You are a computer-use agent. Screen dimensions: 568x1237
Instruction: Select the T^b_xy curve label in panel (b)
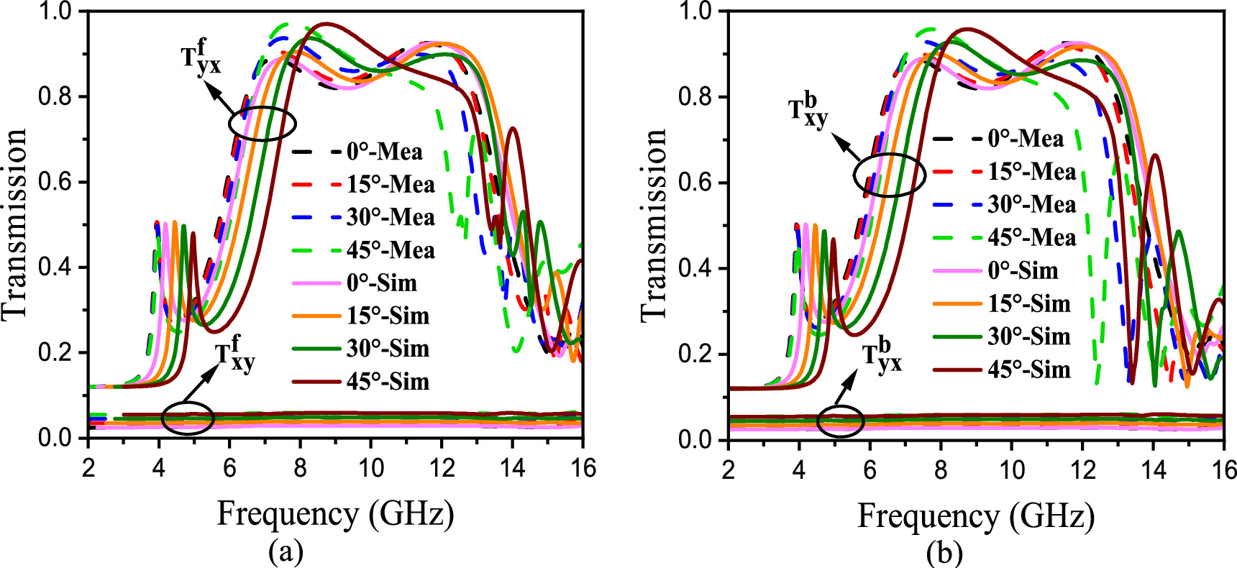pos(808,111)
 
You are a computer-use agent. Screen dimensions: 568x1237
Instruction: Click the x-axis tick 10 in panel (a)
pos(370,468)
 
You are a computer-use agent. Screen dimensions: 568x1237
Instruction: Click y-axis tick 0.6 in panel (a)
pos(58,182)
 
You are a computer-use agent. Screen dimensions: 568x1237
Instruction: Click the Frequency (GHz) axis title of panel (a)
pos(335,514)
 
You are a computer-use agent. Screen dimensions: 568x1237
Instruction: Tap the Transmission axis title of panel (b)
pos(653,224)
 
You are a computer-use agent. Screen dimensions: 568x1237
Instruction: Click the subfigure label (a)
pos(286,552)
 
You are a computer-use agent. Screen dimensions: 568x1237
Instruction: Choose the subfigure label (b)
pos(944,552)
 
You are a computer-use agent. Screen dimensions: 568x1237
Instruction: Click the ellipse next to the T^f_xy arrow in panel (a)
pos(188,418)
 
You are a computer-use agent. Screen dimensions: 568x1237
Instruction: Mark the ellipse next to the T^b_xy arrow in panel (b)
pos(889,175)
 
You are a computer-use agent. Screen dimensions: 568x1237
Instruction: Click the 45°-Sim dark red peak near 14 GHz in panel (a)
pos(512,129)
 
